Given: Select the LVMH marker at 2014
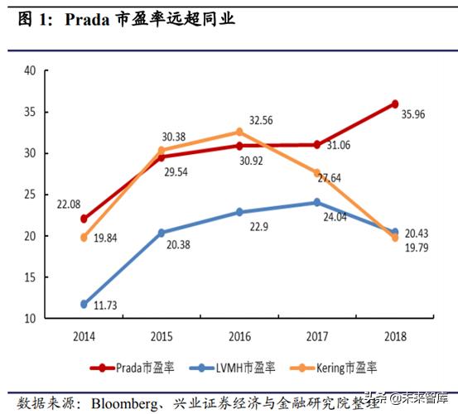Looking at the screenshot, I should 84,304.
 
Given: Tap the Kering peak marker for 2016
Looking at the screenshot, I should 239,132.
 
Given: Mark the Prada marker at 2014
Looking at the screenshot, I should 84,219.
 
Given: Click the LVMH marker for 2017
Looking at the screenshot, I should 317,202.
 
